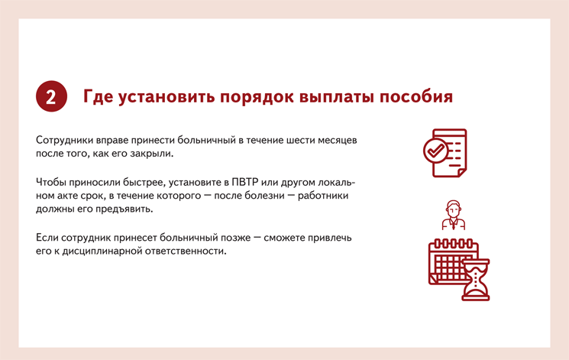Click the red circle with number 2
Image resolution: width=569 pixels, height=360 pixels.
pos(51,96)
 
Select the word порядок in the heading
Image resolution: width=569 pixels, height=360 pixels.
pos(257,98)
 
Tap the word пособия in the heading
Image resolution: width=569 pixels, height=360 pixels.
pos(415,97)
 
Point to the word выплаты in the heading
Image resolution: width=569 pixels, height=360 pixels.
pos(337,98)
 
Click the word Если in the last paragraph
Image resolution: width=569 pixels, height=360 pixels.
pos(47,238)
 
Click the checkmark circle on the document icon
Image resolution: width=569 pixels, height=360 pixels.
pos(435,151)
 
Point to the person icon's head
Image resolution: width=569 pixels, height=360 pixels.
pos(453,208)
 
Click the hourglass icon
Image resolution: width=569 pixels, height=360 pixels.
pos(476,280)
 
